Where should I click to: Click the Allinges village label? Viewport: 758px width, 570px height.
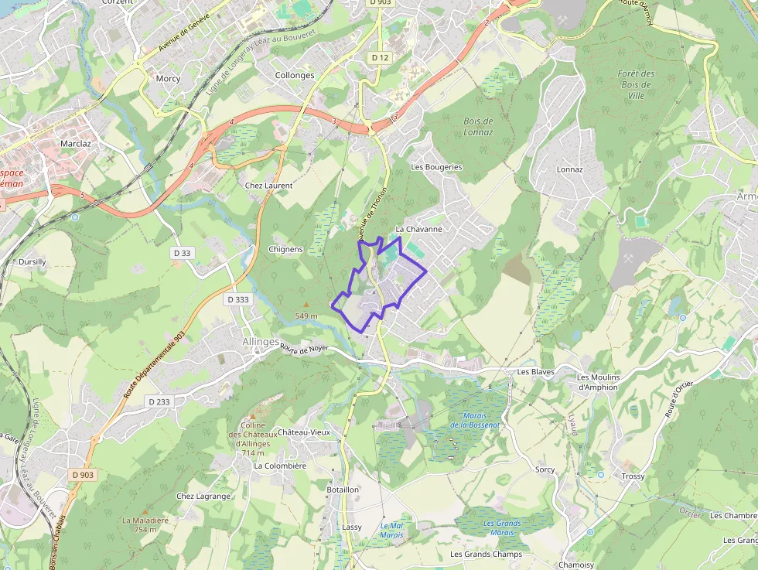260,341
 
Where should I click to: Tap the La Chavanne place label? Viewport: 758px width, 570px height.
419,229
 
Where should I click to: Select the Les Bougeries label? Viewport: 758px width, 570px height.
436,167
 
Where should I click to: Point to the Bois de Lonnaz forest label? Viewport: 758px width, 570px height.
478,127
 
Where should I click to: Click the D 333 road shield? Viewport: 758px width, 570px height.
239,299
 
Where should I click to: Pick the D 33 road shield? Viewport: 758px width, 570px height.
183,253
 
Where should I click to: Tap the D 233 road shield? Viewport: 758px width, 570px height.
158,401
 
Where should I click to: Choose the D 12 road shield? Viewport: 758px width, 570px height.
379,57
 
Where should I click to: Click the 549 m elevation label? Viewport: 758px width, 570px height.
306,316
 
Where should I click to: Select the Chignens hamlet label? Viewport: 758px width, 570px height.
285,249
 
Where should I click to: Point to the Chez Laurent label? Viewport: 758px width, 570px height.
268,186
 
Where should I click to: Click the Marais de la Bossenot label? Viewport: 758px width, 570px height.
475,420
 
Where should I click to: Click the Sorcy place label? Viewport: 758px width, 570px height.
545,469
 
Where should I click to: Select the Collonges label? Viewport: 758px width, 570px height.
295,75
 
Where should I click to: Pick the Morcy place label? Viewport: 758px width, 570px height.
168,78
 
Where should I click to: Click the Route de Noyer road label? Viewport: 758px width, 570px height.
305,350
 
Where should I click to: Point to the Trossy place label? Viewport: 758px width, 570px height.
633,476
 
